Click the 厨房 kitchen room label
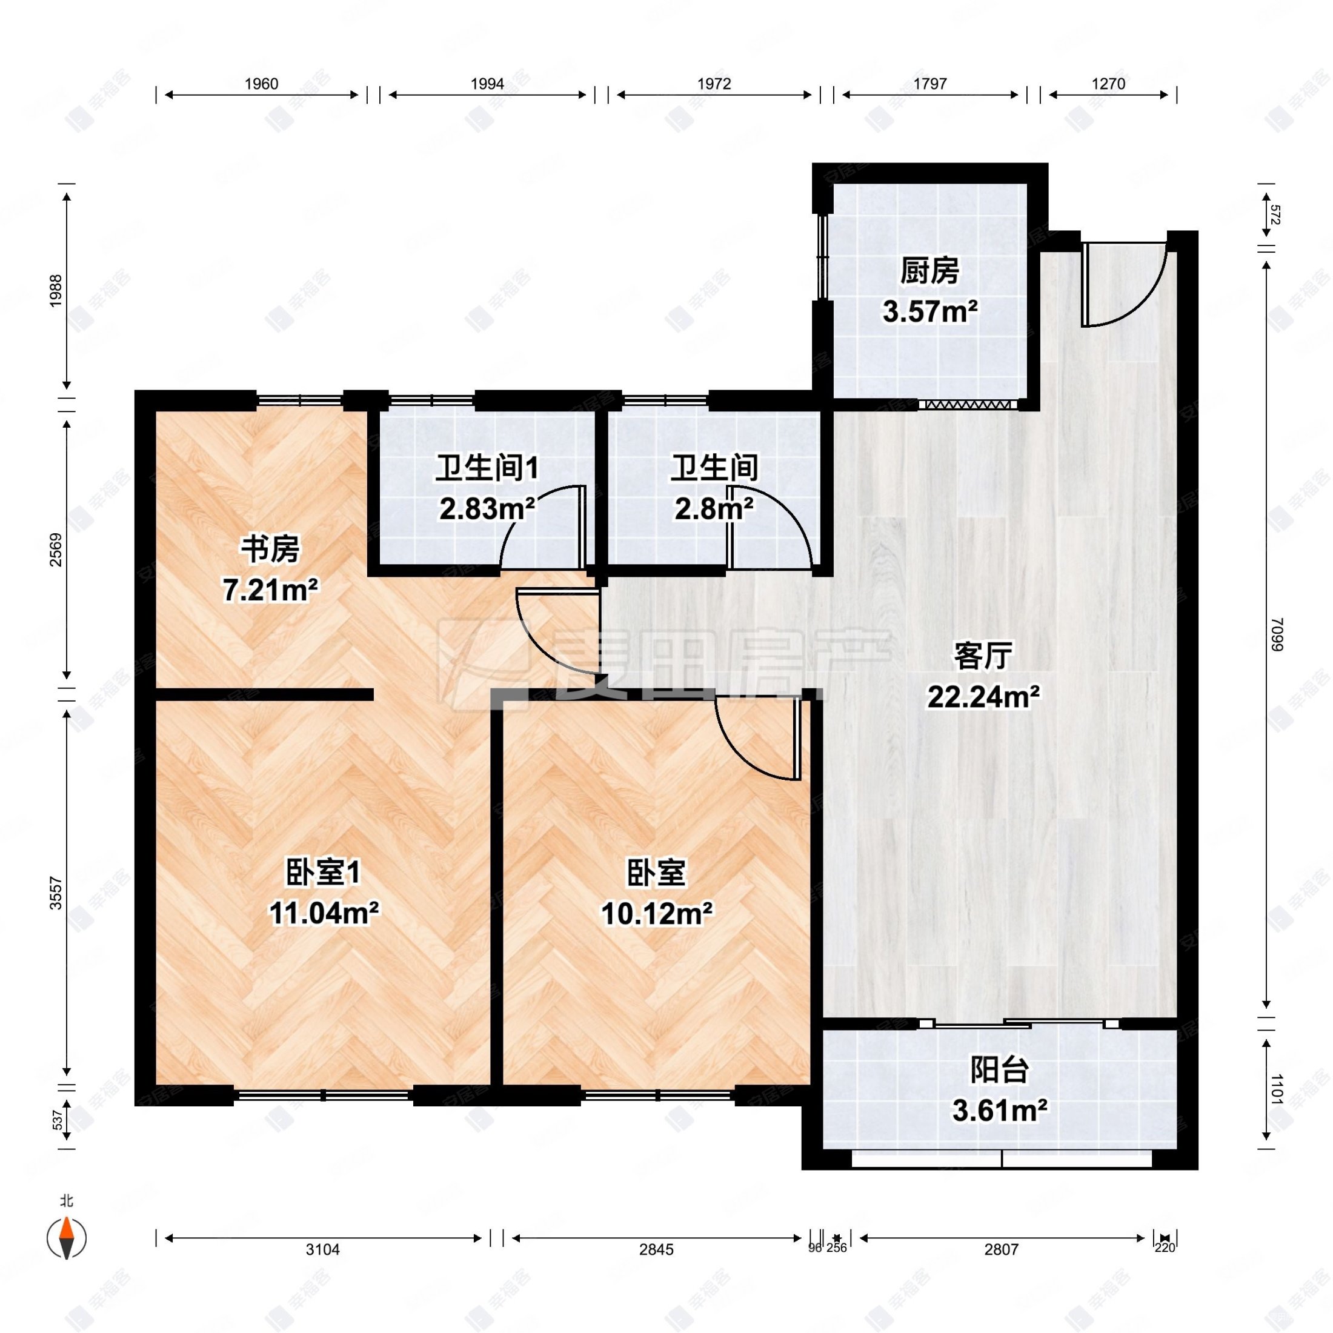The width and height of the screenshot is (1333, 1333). coord(929,271)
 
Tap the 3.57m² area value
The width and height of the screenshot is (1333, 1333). coord(929,312)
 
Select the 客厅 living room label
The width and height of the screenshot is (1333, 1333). coord(983,656)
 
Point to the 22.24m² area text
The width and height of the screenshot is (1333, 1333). coord(983,697)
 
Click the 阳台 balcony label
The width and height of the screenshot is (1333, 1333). coord(1000,1070)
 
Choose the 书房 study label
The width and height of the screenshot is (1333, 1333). coord(270,550)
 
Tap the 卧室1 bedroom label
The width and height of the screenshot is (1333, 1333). coord(323,873)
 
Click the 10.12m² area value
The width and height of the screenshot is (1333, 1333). coord(656,914)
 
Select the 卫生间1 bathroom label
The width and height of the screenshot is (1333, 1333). coord(487,468)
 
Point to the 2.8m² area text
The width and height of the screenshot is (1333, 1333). coord(713,509)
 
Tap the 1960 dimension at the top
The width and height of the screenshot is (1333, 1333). coord(262,84)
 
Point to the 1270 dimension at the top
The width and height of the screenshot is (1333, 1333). coord(1108,84)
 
